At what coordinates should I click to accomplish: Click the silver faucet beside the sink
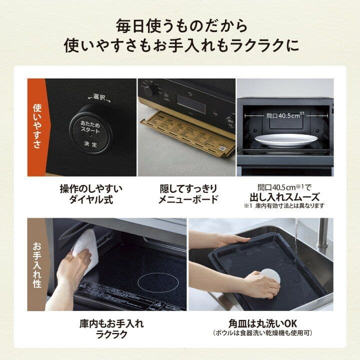[x=323, y=235]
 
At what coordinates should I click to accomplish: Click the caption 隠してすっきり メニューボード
[x=186, y=194]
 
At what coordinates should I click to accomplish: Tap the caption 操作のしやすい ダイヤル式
[x=91, y=194]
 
